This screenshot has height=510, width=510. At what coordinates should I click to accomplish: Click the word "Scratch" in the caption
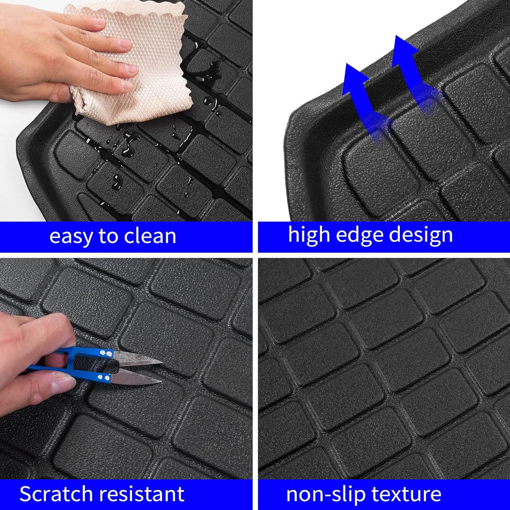(55, 494)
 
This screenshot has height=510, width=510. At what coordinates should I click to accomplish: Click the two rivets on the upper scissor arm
(105, 353)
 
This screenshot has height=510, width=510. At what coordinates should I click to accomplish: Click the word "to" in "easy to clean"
(106, 236)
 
